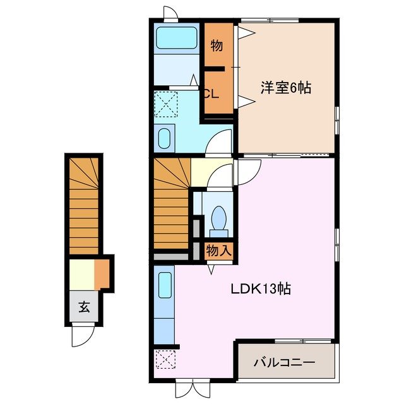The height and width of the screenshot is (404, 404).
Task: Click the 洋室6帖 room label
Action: point(286,88)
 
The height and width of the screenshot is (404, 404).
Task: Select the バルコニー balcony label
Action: point(284,363)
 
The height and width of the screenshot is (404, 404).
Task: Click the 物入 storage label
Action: point(218,251)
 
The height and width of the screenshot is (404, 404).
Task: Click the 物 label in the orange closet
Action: point(217,45)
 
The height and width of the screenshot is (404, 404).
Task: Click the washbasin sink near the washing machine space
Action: point(164,138)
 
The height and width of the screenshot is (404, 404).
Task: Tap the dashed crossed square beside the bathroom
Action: point(167,104)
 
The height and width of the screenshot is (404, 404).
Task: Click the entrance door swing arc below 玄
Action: point(83,335)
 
